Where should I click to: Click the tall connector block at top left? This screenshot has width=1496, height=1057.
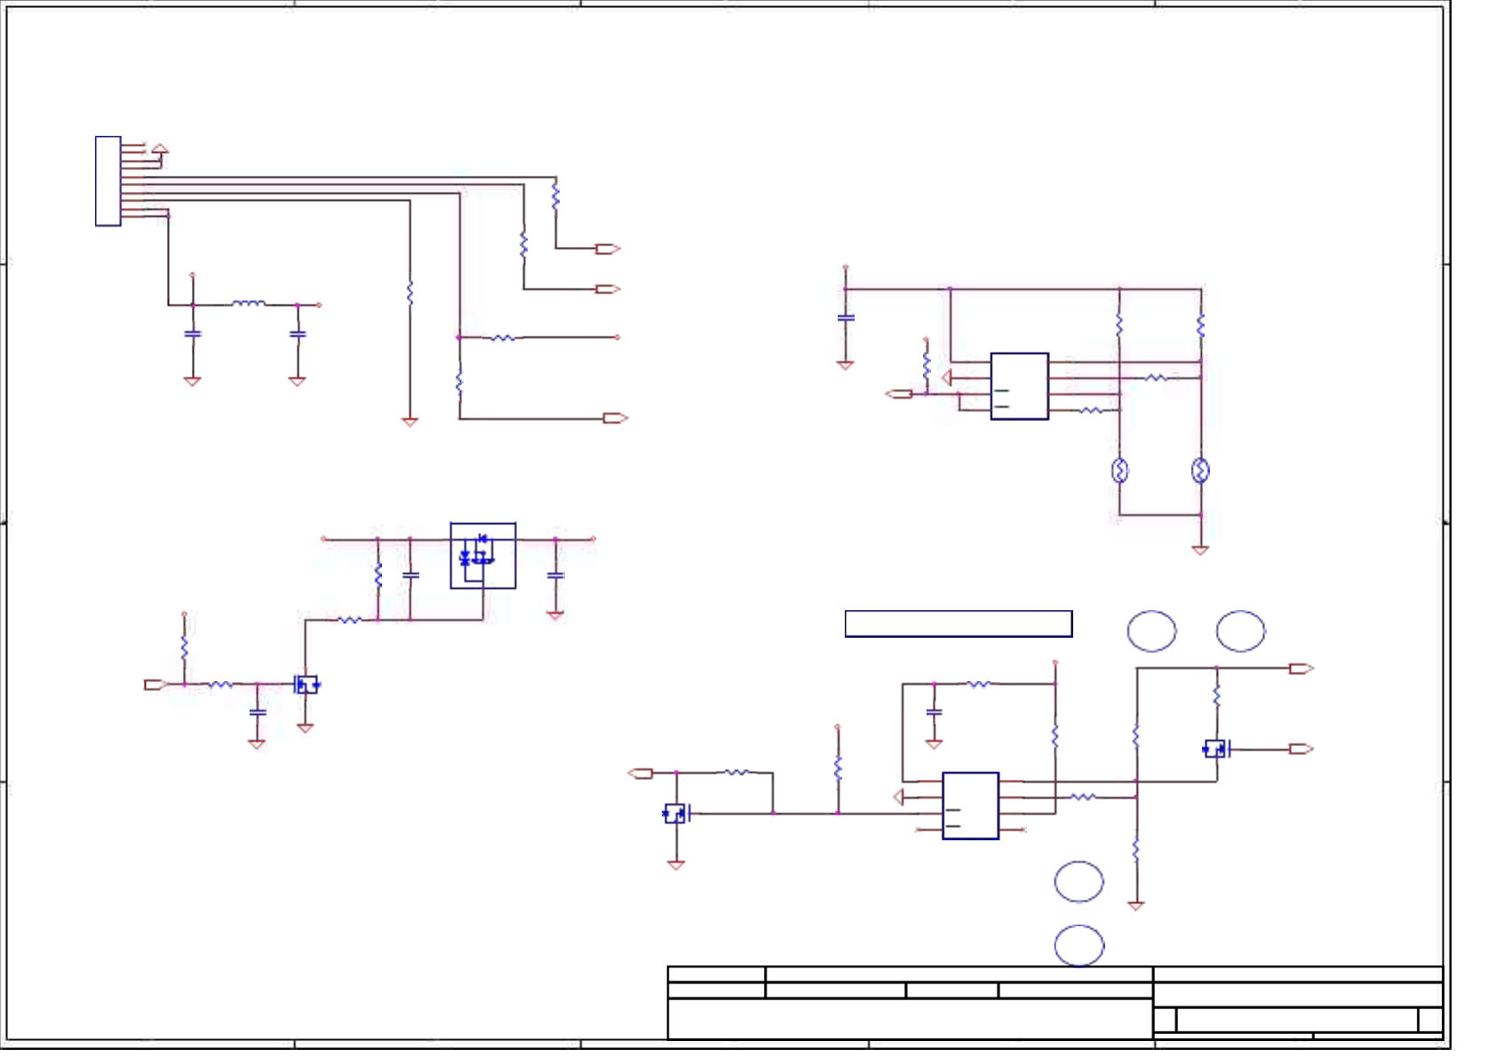pyautogui.click(x=107, y=181)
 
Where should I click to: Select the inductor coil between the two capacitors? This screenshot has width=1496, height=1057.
pyautogui.click(x=248, y=304)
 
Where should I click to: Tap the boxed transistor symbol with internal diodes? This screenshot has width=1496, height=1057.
pyautogui.click(x=482, y=555)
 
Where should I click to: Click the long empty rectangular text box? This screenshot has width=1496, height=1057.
pyautogui.click(x=958, y=624)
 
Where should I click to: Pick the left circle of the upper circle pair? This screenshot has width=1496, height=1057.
pyautogui.click(x=1151, y=631)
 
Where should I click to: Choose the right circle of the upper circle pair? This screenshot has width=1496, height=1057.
pyautogui.click(x=1240, y=631)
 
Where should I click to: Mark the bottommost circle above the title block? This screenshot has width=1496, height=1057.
pyautogui.click(x=1078, y=945)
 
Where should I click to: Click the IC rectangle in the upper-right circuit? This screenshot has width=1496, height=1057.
pyautogui.click(x=1019, y=385)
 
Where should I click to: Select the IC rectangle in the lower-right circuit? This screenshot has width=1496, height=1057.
pyautogui.click(x=970, y=805)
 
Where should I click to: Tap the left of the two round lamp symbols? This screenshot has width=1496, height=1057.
pyautogui.click(x=1119, y=470)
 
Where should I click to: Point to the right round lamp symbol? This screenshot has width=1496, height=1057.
pyautogui.click(x=1200, y=470)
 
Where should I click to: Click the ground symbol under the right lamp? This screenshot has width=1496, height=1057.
pyautogui.click(x=1200, y=551)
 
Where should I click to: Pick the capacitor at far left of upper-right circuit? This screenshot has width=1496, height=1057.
pyautogui.click(x=846, y=317)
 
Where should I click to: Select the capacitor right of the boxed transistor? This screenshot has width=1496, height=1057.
pyautogui.click(x=555, y=576)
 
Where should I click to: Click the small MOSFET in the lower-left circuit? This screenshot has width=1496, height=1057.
pyautogui.click(x=306, y=685)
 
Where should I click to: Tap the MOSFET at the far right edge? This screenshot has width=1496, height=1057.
pyautogui.click(x=1215, y=749)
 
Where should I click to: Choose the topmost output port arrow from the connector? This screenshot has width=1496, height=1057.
pyautogui.click(x=608, y=249)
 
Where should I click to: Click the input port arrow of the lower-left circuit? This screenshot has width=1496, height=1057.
pyautogui.click(x=155, y=685)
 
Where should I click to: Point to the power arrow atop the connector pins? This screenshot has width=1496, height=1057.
pyautogui.click(x=160, y=149)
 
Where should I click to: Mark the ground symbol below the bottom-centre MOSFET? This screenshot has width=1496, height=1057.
pyautogui.click(x=676, y=864)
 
